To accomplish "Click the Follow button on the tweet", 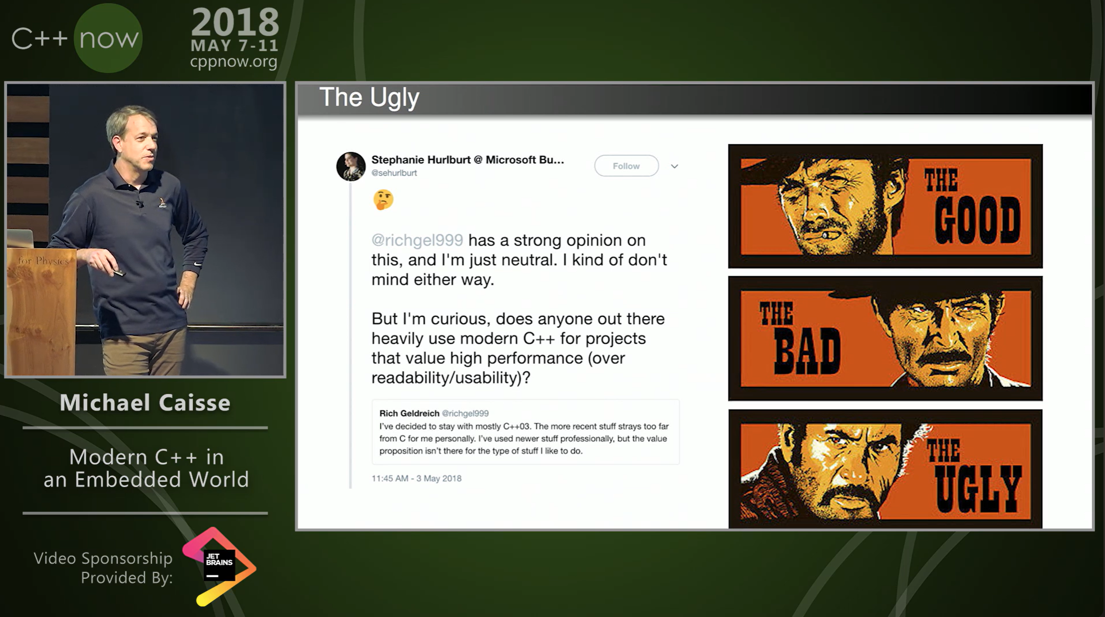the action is pos(626,166).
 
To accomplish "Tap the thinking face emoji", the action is pos(383,200).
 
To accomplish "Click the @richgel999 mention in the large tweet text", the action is pos(417,240).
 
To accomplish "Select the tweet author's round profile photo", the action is pos(351,166).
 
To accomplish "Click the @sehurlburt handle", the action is pos(394,173).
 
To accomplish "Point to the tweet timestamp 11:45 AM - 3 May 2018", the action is pos(416,478).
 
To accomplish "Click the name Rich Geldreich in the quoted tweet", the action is pos(409,413).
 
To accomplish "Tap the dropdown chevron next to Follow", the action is pos(675,166).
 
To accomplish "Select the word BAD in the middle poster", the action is pos(807,351).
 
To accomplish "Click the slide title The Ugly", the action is pos(369,97).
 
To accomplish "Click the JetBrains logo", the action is pos(219,566).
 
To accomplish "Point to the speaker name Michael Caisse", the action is pos(145,402).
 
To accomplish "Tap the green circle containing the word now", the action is pos(108,38).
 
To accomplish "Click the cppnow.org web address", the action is pos(234,62).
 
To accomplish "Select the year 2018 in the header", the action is pos(235,23).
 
